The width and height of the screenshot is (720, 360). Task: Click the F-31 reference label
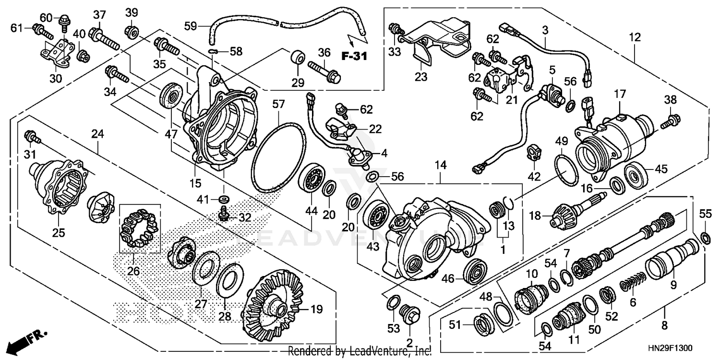pos(354,56)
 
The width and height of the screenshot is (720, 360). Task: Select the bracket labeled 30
pos(57,54)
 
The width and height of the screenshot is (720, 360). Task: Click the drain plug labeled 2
pos(410,317)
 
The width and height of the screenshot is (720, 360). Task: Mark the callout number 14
pos(440,166)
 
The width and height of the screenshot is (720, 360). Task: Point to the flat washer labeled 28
pos(230,283)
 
